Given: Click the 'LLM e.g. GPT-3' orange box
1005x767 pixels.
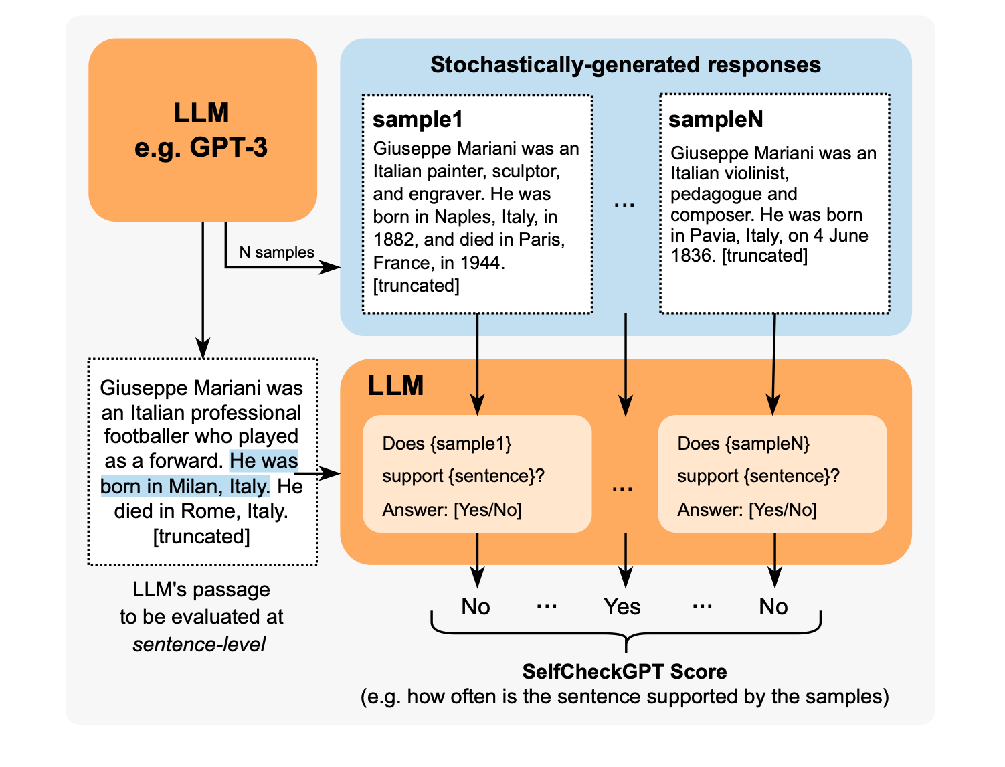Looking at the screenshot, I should pos(202,130).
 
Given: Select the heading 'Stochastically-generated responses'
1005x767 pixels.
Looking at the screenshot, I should pos(625,64).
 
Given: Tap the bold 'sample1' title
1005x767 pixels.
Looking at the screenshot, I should pos(418,119).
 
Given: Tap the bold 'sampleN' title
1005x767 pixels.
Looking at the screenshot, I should pos(715,119).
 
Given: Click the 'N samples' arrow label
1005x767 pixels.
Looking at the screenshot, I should pos(276,252).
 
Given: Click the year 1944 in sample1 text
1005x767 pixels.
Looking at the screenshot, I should pos(481,262).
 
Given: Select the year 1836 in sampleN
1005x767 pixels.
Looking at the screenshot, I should pos(693,256).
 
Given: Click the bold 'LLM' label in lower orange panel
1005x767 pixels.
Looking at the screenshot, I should pos(395,386).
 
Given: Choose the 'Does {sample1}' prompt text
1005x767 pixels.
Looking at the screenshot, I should pos(446,444).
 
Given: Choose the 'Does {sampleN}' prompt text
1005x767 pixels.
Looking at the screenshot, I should pos(743,444).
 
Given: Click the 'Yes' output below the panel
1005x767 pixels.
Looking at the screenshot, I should pos(622,606).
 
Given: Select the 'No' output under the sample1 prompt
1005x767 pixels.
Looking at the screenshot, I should pos(476,606).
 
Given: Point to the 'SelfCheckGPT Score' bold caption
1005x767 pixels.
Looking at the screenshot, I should pos(624,671).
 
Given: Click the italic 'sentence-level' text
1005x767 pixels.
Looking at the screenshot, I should pos(199,645).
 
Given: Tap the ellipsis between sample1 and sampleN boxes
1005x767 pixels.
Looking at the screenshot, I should pos(624,205).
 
